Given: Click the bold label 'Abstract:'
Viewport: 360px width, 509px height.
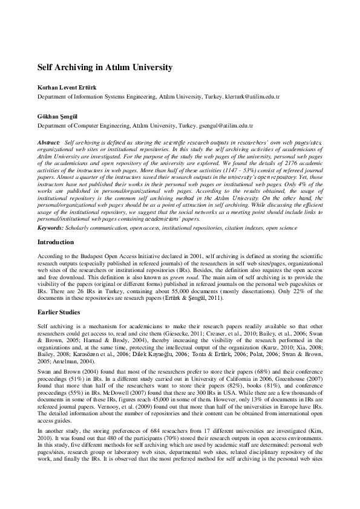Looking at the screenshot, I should point(48,141).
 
